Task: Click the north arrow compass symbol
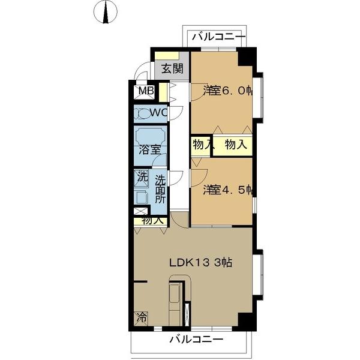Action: [x=107, y=12]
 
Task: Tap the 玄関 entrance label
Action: [x=172, y=68]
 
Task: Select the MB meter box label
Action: [x=146, y=91]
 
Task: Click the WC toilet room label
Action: [x=158, y=112]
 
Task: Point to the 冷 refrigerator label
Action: [x=142, y=317]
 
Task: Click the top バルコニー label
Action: [x=218, y=38]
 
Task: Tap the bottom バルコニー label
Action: [x=196, y=339]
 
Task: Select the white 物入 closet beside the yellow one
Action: [x=202, y=145]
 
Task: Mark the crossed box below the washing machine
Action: [x=140, y=211]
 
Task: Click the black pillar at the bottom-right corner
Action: [x=247, y=321]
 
